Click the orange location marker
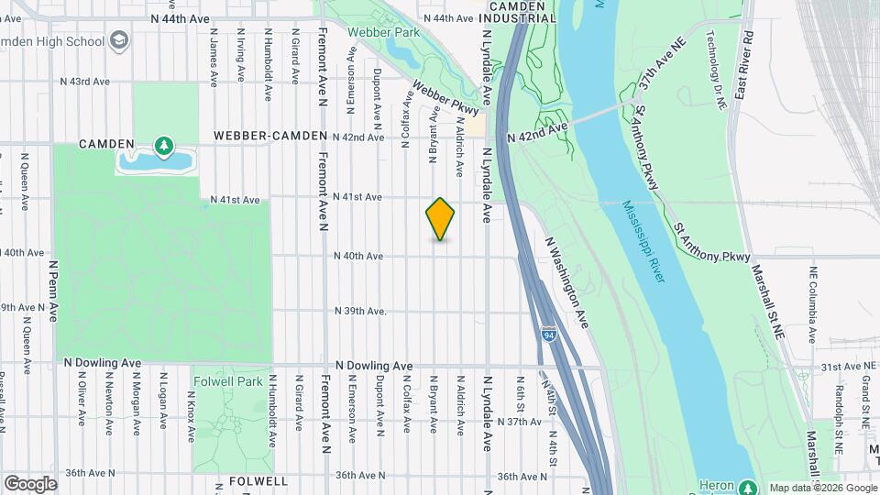click(440, 218)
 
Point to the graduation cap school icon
click(118, 41)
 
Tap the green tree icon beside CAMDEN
click(163, 145)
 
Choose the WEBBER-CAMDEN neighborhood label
click(269, 136)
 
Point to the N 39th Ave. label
click(360, 311)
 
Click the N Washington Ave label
click(566, 282)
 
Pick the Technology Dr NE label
click(716, 68)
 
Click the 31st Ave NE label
click(843, 366)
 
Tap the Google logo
click(30, 483)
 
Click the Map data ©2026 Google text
click(822, 488)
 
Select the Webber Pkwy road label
click(445, 103)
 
